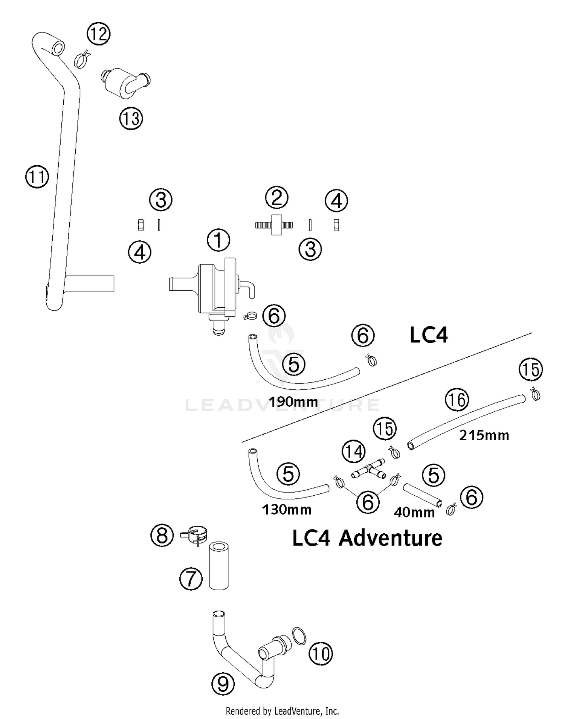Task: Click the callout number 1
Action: coord(218,240)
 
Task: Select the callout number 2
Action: coord(277,197)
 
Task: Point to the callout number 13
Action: coord(131,119)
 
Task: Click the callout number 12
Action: coord(98,34)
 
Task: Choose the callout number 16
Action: coord(457,400)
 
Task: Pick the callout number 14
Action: coord(354,452)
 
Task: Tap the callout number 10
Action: coord(321,653)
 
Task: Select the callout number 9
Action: coord(223,684)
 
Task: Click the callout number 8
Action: coord(162,535)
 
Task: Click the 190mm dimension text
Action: coord(293,402)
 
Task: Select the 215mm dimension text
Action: coord(484,435)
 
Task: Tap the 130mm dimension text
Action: coord(287,510)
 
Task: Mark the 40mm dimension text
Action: coord(414,512)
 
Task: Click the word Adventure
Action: coord(390,538)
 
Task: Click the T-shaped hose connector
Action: coord(370,469)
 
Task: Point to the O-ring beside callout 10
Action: coord(299,636)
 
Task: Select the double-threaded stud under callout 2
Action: coord(274,225)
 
